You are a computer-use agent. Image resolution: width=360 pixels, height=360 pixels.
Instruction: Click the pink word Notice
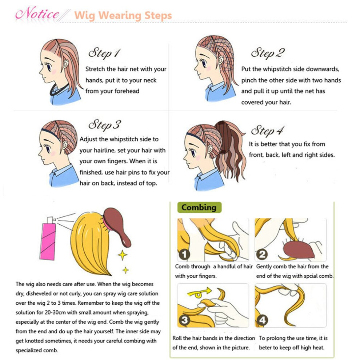[37, 13]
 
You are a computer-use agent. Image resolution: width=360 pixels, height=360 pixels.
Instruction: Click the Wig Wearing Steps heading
[123, 16]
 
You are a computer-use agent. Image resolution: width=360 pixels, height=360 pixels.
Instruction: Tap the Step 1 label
[104, 53]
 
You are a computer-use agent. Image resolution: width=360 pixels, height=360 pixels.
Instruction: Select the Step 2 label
[268, 53]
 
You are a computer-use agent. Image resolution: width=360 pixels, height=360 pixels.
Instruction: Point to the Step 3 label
[105, 125]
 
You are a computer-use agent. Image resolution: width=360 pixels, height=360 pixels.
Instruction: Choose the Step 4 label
[268, 131]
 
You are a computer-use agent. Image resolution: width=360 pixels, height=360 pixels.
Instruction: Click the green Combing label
[199, 207]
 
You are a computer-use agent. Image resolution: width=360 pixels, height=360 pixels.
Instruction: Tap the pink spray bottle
[48, 239]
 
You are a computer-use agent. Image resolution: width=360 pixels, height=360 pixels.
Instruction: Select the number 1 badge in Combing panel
[184, 255]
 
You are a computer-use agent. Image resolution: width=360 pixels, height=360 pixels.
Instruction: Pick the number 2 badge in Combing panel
[262, 255]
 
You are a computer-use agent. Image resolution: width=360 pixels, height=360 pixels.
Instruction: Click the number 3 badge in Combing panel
[184, 320]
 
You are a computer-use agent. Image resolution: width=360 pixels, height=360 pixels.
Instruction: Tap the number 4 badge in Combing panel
[263, 320]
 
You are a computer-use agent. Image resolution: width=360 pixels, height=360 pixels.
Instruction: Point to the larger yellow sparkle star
[123, 255]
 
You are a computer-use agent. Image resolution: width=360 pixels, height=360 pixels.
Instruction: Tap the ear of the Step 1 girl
[66, 64]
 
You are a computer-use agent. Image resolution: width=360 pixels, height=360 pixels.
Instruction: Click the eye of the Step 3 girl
[48, 149]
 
